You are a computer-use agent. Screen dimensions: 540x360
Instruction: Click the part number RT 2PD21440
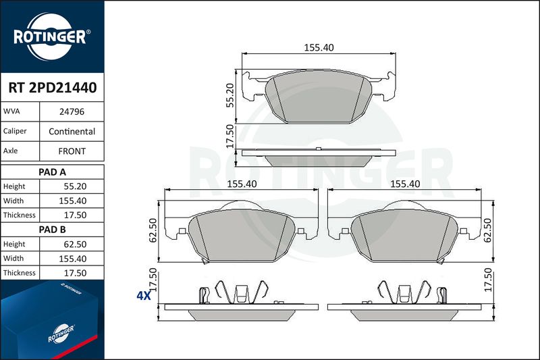[53, 88]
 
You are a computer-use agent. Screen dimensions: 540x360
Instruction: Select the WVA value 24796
[72, 111]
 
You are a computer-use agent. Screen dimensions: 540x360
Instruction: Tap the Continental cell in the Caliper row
[72, 131]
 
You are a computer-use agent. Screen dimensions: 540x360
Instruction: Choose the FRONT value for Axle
[72, 151]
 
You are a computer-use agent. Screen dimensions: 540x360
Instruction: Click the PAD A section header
[53, 172]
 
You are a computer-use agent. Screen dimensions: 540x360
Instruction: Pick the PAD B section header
[53, 230]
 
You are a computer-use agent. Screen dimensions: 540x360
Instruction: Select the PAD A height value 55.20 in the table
[75, 186]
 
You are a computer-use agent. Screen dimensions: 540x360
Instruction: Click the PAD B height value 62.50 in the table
[75, 245]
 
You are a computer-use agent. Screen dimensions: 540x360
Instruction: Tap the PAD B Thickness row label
[20, 273]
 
